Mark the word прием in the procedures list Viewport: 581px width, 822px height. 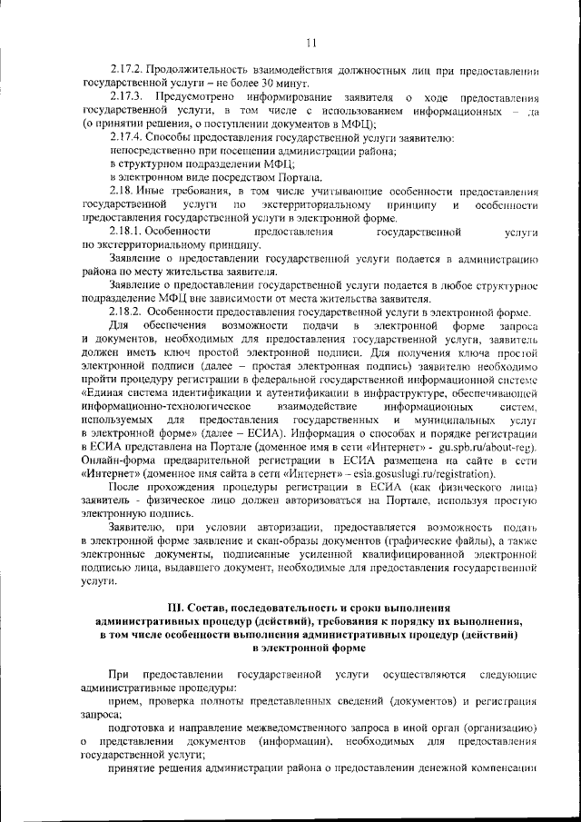click(123, 701)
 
